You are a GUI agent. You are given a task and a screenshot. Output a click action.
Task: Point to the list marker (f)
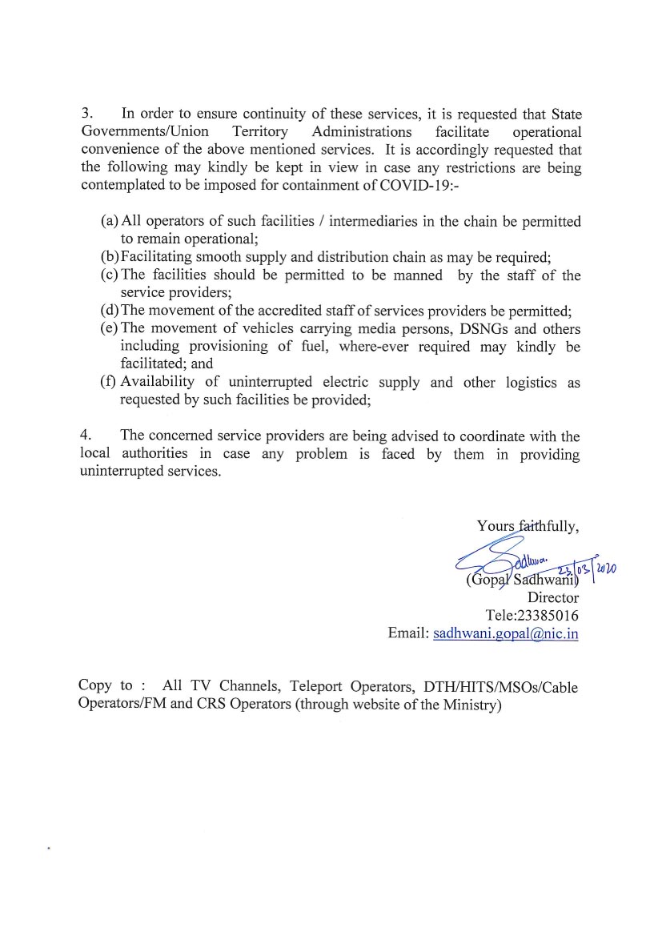point(109,382)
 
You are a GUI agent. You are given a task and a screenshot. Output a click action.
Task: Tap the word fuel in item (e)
point(318,346)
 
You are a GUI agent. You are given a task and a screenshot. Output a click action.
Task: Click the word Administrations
point(362,131)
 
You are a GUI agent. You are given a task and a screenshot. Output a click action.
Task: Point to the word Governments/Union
point(145,131)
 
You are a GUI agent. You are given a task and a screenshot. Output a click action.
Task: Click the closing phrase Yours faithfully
point(528,526)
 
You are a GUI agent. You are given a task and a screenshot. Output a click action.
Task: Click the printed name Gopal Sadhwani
point(521,580)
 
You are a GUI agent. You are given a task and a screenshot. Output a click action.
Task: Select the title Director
point(552,597)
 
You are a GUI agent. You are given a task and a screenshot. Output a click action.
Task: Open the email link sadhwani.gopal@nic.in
point(505,633)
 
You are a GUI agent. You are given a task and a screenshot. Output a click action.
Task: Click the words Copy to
point(106,685)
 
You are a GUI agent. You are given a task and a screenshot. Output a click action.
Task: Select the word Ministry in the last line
point(469,705)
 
